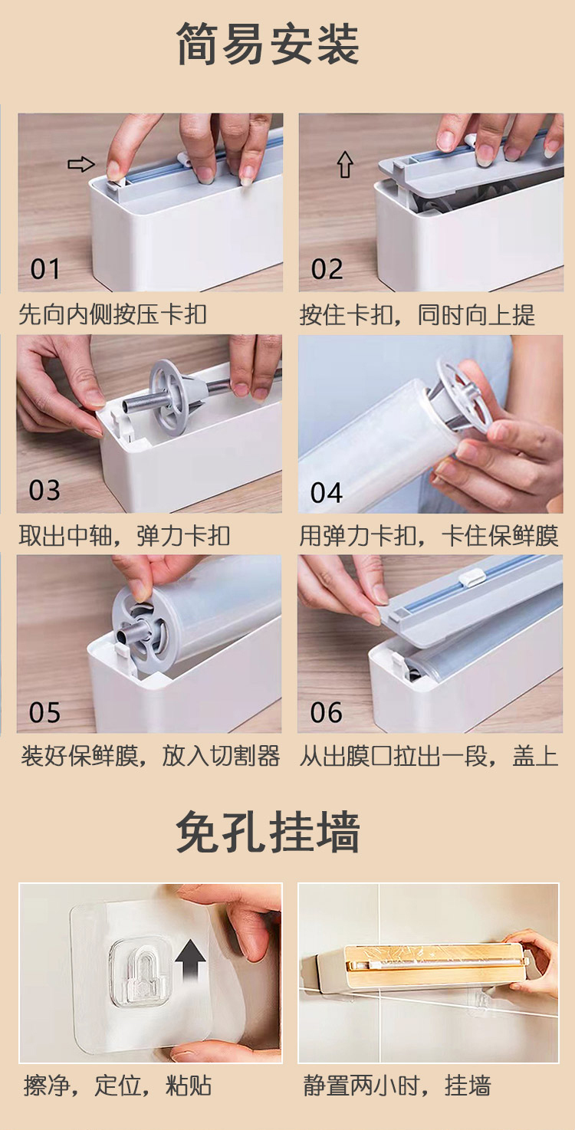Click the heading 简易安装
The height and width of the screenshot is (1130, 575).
(x=268, y=44)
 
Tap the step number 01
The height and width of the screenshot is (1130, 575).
(x=45, y=269)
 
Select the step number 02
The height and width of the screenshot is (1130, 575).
(x=327, y=269)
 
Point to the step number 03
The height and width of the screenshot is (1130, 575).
(x=44, y=491)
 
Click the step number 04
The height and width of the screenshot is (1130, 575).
(x=327, y=493)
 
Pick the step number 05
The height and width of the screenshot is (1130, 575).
(x=44, y=713)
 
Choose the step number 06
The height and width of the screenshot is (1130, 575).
(x=327, y=713)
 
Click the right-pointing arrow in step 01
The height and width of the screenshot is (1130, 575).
(x=81, y=164)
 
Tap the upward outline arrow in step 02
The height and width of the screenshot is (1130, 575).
(x=345, y=165)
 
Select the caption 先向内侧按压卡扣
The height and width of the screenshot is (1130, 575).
(x=113, y=314)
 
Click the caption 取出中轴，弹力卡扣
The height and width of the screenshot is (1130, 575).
(x=124, y=536)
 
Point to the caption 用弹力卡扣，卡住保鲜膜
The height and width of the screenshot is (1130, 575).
(x=429, y=536)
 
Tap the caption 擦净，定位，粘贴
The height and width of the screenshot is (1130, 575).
(x=117, y=1086)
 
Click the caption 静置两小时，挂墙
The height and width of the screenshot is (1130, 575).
(x=396, y=1086)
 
